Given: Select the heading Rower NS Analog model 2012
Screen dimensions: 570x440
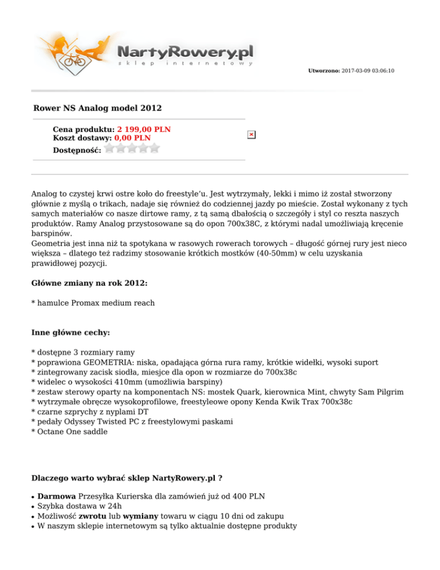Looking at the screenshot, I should tap(97, 108).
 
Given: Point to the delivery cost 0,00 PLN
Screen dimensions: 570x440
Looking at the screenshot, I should tap(132, 138).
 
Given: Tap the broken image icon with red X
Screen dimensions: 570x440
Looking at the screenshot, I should tap(252, 134).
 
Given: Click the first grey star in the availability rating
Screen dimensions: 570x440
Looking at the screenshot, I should tap(110, 149).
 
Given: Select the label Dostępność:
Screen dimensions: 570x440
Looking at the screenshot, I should tap(77, 150).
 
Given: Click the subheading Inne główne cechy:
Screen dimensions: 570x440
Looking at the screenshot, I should tap(66, 333).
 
